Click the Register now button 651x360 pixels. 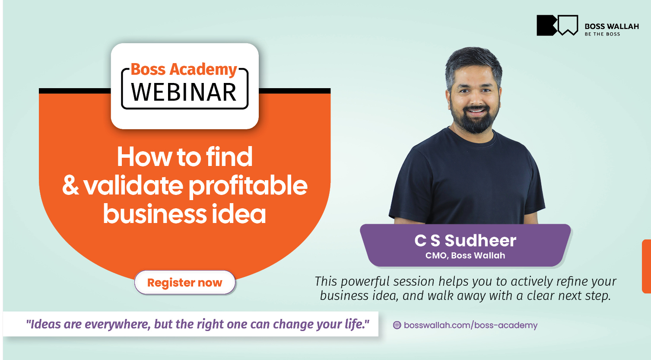click(x=185, y=282)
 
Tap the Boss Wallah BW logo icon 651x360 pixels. click(x=557, y=25)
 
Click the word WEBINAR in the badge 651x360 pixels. click(x=184, y=92)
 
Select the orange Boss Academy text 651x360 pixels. click(x=184, y=70)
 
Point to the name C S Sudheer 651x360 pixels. click(x=465, y=240)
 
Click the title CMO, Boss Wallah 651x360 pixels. click(x=465, y=255)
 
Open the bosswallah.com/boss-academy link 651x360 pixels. click(x=470, y=325)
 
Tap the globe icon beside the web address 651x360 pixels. click(x=397, y=325)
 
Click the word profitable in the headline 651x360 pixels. click(x=248, y=187)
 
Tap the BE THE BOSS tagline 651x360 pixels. click(x=603, y=34)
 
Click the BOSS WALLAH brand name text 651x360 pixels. click(x=612, y=26)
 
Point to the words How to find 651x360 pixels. click(x=185, y=156)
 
